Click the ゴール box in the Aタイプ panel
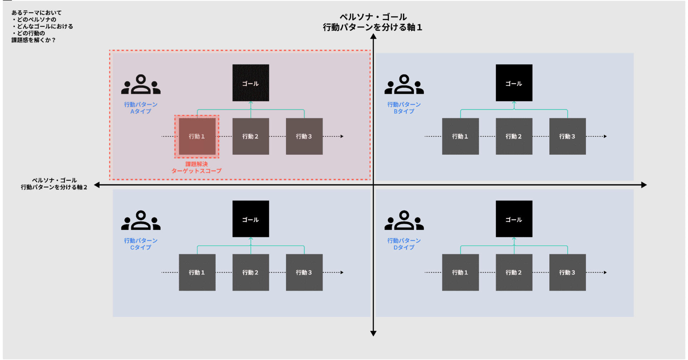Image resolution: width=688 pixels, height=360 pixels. tap(250, 83)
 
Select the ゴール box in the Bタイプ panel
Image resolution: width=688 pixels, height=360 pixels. tap(514, 83)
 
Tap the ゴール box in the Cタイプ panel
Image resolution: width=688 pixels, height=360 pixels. tap(250, 219)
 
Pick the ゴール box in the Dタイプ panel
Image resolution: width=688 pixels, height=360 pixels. tap(514, 219)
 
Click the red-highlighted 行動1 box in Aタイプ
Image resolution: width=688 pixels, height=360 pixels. tap(197, 136)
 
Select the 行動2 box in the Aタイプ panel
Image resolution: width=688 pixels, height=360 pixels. tap(250, 136)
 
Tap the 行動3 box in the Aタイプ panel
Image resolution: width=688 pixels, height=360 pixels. tap(304, 136)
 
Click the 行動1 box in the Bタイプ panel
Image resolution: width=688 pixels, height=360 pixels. tap(460, 136)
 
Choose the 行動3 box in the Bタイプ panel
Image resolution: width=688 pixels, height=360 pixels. tap(567, 136)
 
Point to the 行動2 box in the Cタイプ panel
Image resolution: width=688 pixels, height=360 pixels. tap(250, 273)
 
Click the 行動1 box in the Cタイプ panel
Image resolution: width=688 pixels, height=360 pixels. tap(197, 273)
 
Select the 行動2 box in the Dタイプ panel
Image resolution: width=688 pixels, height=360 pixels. tap(514, 273)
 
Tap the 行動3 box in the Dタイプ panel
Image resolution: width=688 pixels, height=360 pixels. tap(567, 273)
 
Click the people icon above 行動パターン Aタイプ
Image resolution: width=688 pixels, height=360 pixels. tap(141, 85)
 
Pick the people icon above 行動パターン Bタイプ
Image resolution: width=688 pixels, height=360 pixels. tap(404, 85)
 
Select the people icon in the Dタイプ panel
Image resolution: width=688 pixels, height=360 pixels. tap(404, 221)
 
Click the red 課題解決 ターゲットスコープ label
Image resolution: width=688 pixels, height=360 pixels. tap(196, 167)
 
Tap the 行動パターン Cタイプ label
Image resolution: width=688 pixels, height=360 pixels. tap(141, 244)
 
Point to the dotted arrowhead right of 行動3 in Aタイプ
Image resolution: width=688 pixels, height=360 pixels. tap(342, 136)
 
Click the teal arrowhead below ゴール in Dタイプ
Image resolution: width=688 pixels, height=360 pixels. tap(514, 239)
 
